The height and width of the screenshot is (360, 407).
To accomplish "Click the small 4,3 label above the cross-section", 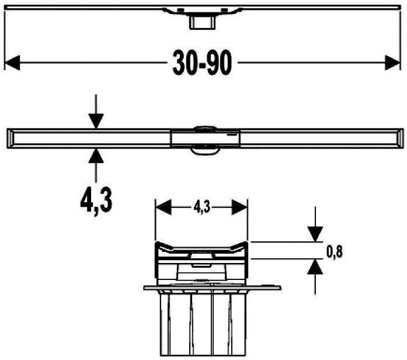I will click(201, 206).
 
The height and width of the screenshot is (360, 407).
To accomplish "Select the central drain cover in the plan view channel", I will click(203, 138).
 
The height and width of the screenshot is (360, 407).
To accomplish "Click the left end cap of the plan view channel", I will click(12, 138).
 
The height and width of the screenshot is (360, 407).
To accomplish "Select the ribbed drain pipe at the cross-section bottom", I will click(202, 324).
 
